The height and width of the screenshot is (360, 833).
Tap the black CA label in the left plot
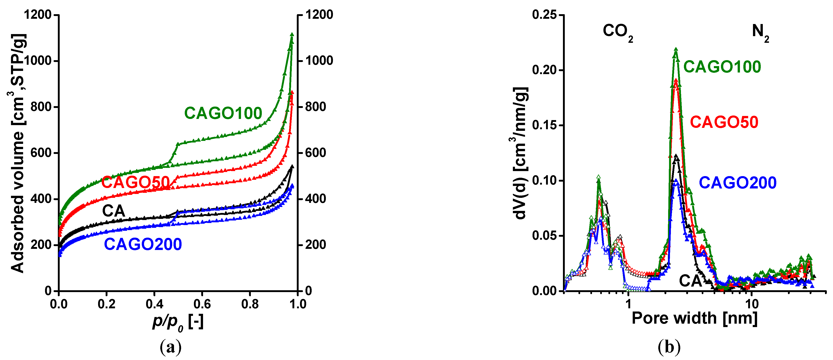click(113, 211)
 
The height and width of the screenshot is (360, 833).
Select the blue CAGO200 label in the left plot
click(143, 244)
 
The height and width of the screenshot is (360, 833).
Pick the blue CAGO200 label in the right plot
click(738, 183)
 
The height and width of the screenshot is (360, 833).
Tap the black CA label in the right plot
click(690, 281)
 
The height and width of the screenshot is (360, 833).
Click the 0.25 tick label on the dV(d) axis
click(545, 15)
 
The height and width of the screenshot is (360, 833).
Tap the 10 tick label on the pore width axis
click(752, 304)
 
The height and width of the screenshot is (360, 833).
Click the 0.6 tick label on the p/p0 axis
click(202, 304)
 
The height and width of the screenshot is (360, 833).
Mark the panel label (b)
click(669, 347)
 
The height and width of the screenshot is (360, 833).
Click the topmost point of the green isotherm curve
click(292, 34)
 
